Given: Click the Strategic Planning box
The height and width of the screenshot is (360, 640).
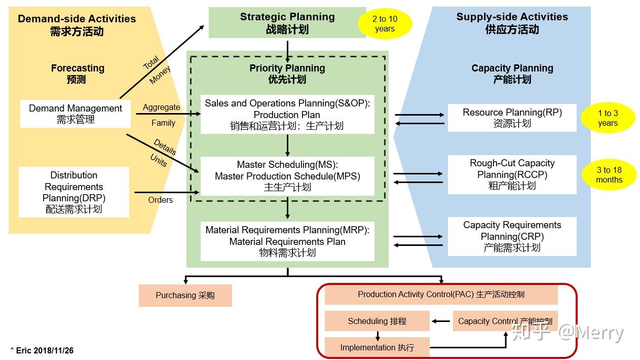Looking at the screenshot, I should [x=287, y=23].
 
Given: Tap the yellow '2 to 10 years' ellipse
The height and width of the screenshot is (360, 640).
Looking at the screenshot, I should [x=385, y=24].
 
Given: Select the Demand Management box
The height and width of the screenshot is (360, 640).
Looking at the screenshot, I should [x=76, y=114].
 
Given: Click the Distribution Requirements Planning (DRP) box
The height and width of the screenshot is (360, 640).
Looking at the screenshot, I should [x=74, y=192].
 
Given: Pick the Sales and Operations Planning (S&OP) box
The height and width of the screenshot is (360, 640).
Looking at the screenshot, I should [x=287, y=115].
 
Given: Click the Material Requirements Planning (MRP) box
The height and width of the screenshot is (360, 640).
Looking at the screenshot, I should [x=287, y=241].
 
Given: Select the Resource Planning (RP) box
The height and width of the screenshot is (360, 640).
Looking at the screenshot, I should [x=512, y=118].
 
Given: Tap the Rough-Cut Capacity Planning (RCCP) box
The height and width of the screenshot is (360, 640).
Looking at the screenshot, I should [x=512, y=174].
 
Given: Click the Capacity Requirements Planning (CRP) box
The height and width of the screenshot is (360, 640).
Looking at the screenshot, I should [x=512, y=236].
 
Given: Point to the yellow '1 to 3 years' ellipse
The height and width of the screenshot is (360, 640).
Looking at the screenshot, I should [x=608, y=118].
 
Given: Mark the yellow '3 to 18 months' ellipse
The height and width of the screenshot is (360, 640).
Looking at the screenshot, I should [x=609, y=175].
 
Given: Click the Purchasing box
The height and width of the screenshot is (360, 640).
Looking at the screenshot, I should [x=185, y=296].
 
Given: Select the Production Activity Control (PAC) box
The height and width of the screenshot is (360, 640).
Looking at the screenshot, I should [x=441, y=295].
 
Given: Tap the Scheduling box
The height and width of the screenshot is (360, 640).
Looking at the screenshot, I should [x=377, y=321].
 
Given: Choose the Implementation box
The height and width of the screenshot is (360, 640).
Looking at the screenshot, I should [x=377, y=347].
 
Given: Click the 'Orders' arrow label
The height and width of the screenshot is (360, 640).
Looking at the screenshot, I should [x=160, y=200].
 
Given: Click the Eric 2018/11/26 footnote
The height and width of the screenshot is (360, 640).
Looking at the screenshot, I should [x=42, y=350].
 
